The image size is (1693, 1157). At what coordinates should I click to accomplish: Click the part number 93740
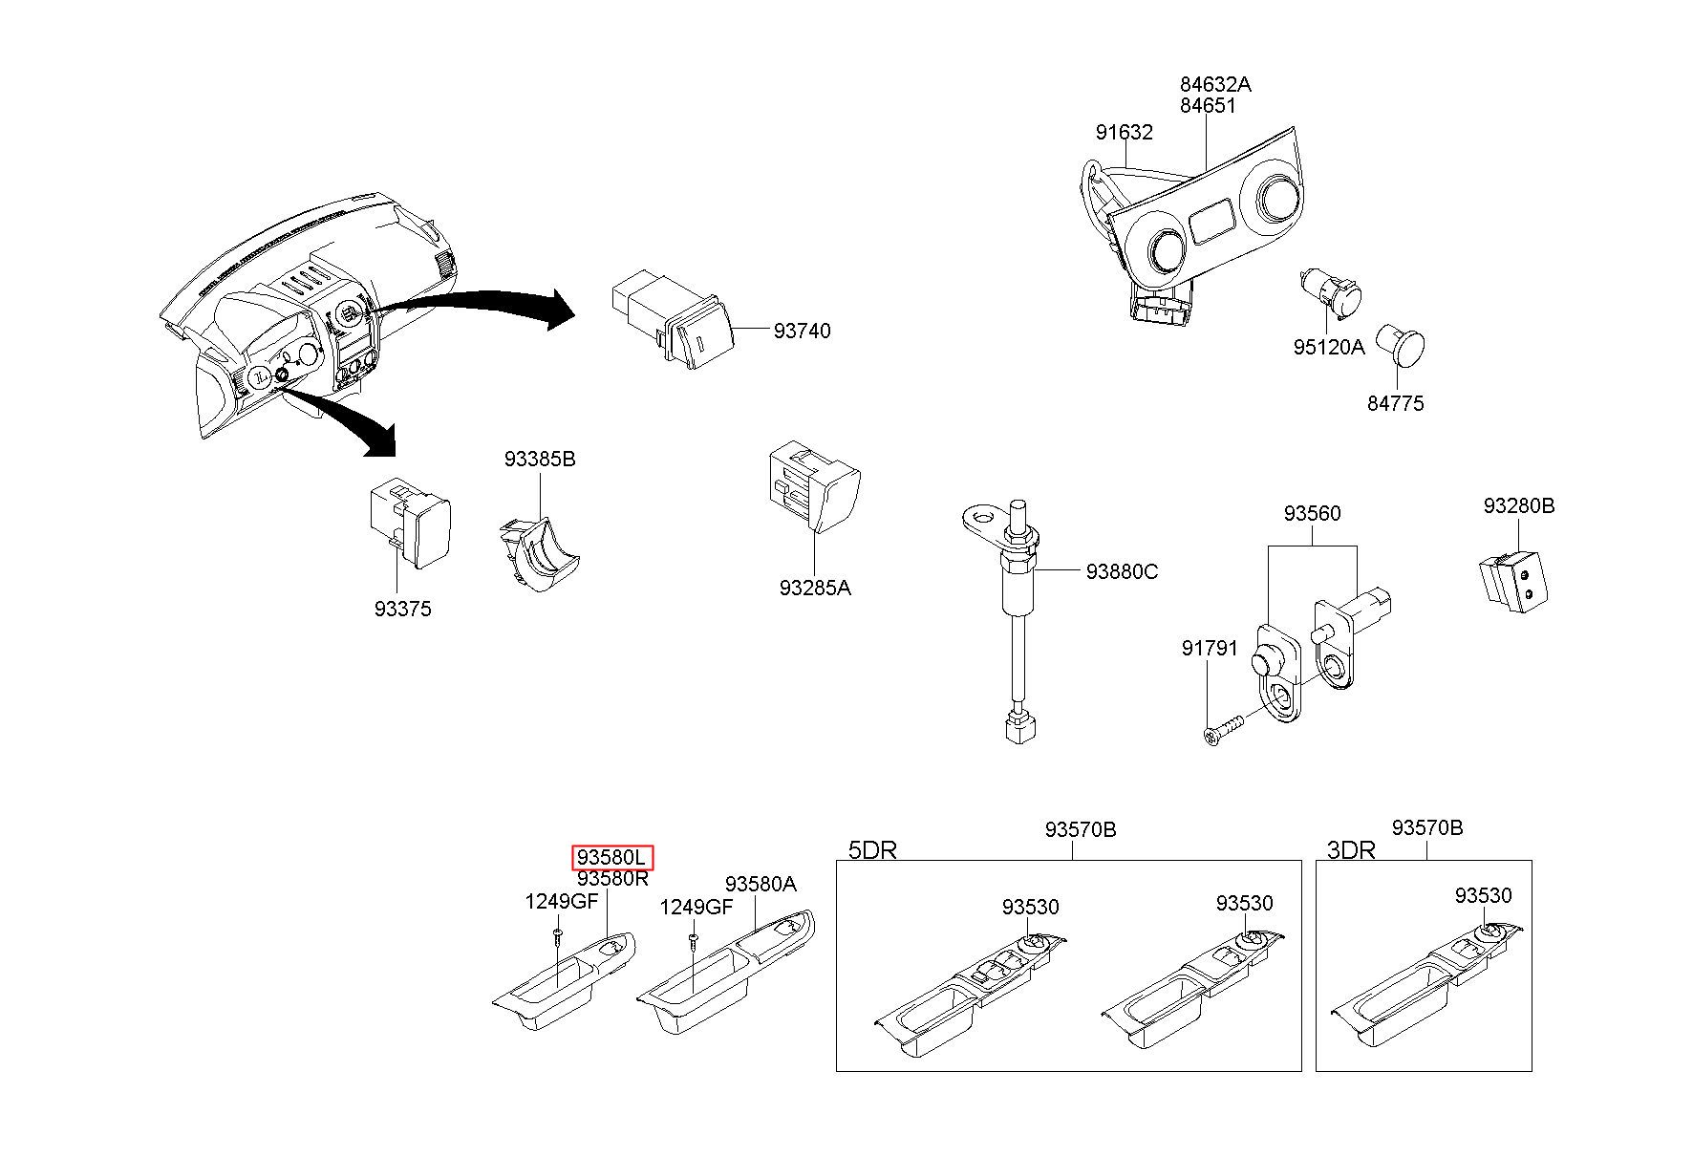[802, 331]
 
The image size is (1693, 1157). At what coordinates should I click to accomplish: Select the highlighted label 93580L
[612, 857]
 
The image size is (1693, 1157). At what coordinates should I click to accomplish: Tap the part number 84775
[1395, 403]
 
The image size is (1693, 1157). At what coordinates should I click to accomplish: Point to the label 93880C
[1122, 571]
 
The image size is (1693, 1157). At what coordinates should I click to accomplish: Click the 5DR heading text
[872, 849]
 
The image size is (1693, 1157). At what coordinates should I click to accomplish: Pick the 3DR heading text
[1351, 849]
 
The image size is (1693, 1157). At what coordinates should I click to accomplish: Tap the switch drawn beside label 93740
[673, 318]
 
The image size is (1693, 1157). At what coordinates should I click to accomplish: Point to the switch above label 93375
[411, 525]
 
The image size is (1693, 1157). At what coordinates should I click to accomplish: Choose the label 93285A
[814, 588]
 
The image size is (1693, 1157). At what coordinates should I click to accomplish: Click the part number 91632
[1124, 132]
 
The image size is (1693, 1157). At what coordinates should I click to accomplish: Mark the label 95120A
[1329, 347]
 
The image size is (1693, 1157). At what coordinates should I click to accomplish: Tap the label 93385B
[540, 459]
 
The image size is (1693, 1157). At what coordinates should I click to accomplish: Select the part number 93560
[1312, 513]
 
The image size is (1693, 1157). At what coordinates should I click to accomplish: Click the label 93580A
[761, 884]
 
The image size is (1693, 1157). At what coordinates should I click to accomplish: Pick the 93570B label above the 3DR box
[1426, 827]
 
